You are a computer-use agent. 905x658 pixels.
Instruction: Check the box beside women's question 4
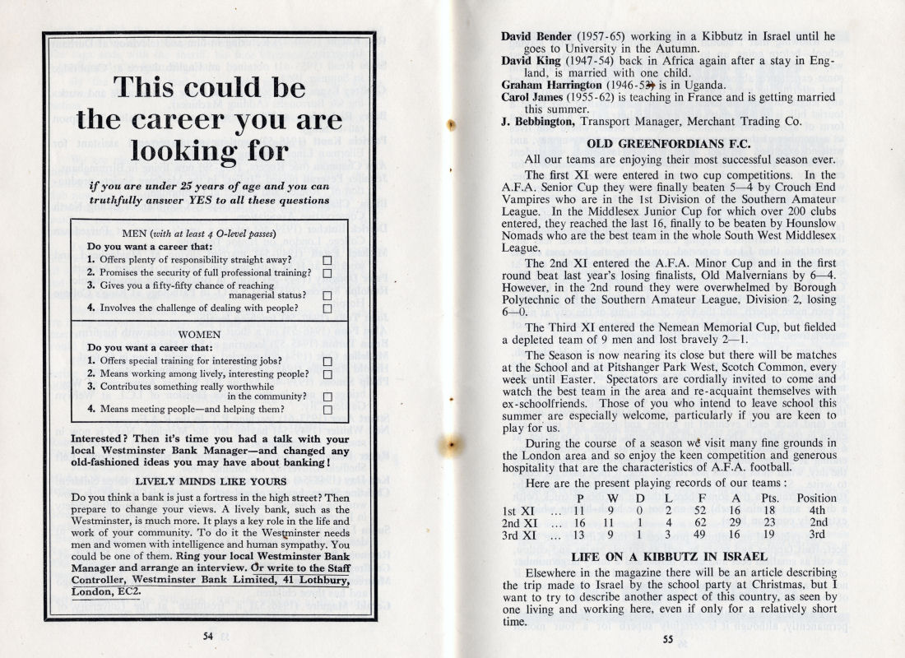[x=327, y=409]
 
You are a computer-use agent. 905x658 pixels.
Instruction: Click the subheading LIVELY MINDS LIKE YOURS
[x=211, y=480]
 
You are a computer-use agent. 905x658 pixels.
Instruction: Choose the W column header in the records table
[x=612, y=498]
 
